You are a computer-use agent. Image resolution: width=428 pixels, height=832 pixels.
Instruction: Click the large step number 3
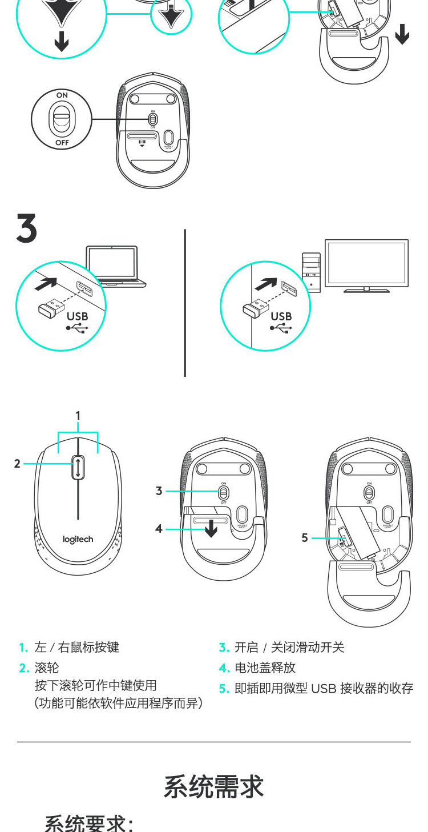click(26, 228)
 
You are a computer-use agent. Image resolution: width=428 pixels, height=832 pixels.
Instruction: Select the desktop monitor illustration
click(366, 264)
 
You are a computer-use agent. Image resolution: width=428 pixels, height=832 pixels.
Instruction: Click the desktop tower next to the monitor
click(311, 273)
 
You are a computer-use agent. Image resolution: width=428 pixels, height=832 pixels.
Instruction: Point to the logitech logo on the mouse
click(78, 539)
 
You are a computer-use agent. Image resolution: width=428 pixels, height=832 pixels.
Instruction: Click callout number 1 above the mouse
click(78, 415)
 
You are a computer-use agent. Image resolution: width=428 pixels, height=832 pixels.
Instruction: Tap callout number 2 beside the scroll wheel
click(17, 464)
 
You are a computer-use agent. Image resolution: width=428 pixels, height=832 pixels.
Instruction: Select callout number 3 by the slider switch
click(159, 491)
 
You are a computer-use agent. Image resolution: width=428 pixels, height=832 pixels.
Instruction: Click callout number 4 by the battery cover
click(159, 529)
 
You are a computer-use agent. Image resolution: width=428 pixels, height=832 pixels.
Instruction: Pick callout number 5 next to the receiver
click(305, 537)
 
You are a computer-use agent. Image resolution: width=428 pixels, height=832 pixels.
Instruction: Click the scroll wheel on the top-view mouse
click(77, 468)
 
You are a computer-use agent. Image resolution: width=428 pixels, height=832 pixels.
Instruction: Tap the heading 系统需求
click(213, 786)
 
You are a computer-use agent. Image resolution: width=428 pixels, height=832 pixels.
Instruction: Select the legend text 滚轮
click(47, 668)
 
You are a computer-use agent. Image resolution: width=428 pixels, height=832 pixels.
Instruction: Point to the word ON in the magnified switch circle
click(62, 94)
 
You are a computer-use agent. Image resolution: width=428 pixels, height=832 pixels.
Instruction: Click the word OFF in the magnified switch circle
click(62, 142)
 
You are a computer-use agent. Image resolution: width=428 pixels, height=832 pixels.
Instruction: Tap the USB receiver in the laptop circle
click(50, 307)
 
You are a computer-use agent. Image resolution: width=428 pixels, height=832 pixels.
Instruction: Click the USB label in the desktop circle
click(281, 316)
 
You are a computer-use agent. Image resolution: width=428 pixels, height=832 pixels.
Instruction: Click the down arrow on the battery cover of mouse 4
click(211, 528)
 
